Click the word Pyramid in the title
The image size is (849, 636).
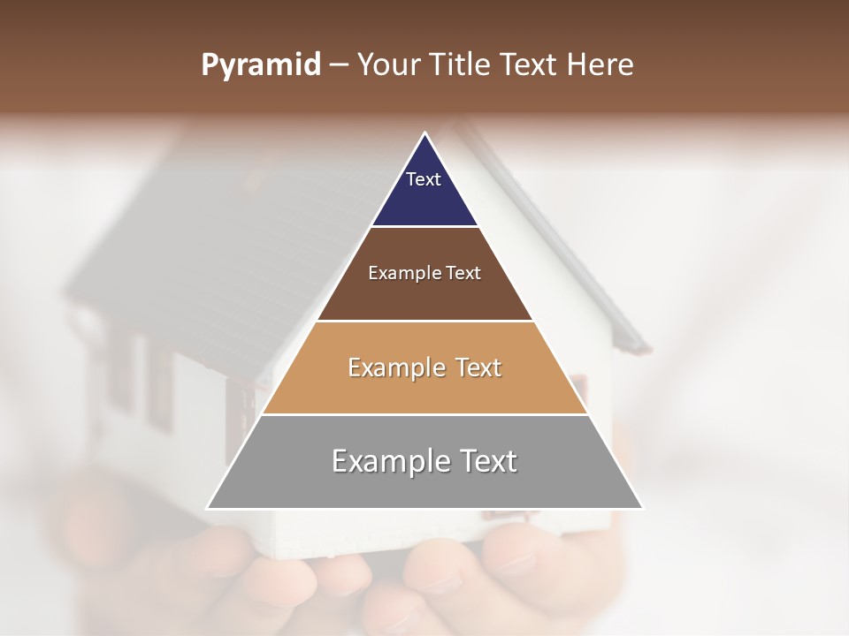pyautogui.click(x=261, y=65)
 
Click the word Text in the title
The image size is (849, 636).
pyautogui.click(x=531, y=65)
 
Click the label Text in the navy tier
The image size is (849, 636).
pyautogui.click(x=424, y=179)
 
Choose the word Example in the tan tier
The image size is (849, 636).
pyautogui.click(x=395, y=367)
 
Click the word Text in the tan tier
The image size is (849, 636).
pyautogui.click(x=478, y=367)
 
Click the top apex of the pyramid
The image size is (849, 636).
pyautogui.click(x=425, y=133)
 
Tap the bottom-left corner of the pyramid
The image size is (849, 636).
pyautogui.click(x=208, y=508)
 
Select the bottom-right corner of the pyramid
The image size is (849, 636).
pyautogui.click(x=643, y=508)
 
